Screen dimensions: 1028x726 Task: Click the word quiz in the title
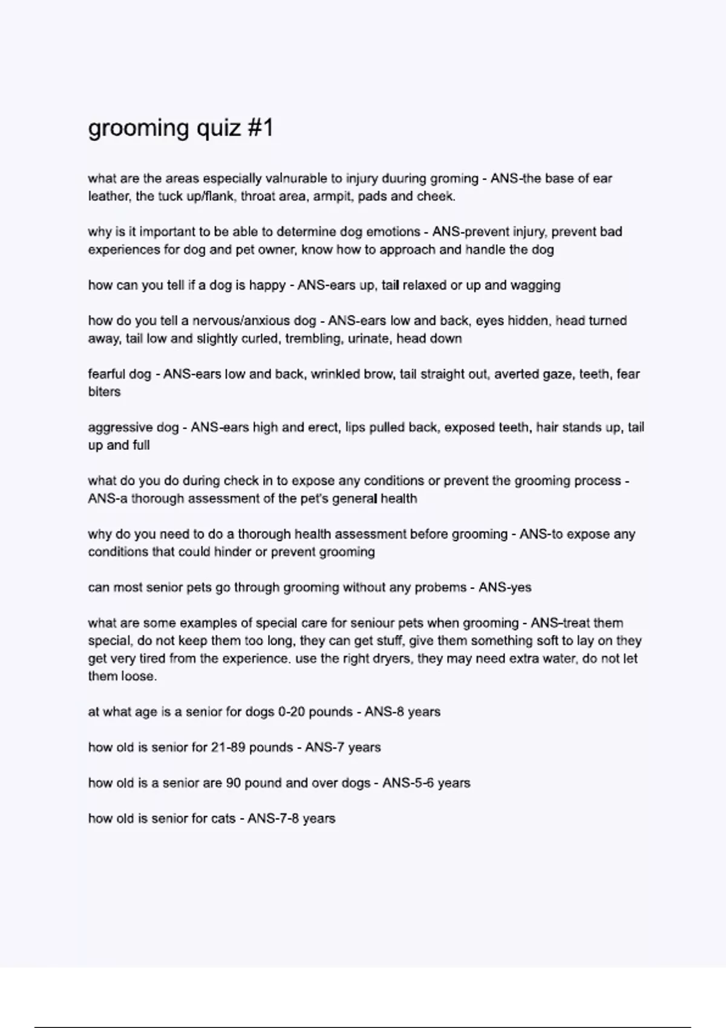pos(217,128)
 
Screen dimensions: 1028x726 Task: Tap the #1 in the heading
pos(261,128)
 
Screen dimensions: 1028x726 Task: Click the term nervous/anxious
pos(240,320)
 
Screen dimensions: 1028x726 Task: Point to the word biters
pos(104,391)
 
